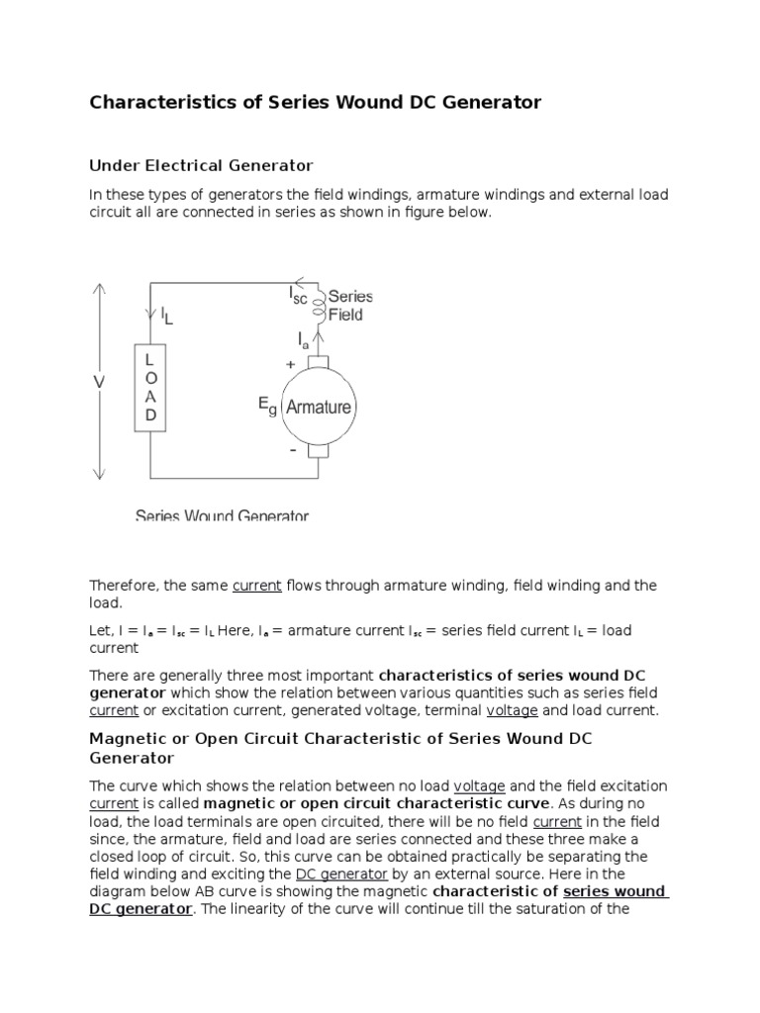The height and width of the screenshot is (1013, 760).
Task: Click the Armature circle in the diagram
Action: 318,407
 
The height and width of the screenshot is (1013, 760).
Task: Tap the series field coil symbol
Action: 319,307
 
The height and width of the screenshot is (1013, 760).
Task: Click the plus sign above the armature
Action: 291,364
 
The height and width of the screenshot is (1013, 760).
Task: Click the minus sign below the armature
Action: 292,449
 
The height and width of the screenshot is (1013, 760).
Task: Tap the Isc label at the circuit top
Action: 298,294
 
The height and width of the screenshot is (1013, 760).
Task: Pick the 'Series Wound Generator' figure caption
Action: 222,515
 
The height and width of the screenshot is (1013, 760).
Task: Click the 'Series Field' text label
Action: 349,305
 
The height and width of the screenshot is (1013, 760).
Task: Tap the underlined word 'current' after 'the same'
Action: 257,586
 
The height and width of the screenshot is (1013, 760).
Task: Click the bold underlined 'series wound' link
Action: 616,891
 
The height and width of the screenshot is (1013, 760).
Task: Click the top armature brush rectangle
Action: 319,359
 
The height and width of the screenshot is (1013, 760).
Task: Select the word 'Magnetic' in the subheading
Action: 125,739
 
